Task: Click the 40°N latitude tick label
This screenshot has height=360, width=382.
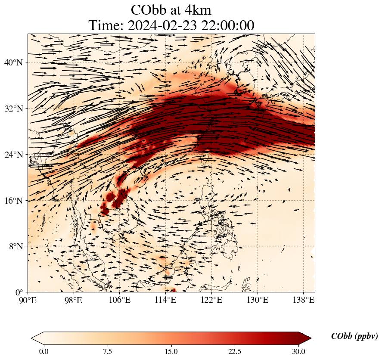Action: (13, 62)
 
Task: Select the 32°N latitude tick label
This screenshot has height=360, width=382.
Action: (13, 109)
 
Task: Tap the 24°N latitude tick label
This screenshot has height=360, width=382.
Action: (13, 155)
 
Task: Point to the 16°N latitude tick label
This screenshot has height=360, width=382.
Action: (13, 201)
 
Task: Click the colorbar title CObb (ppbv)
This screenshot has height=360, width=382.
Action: (354, 336)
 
